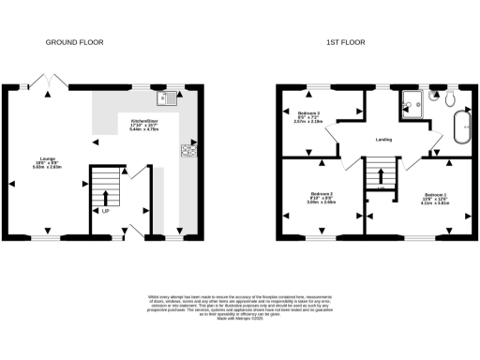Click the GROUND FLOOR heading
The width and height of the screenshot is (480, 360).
click(75, 42)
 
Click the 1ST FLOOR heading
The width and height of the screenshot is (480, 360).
click(346, 42)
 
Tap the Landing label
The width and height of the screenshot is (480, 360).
click(383, 140)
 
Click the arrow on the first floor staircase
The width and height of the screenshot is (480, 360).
click(379, 172)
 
